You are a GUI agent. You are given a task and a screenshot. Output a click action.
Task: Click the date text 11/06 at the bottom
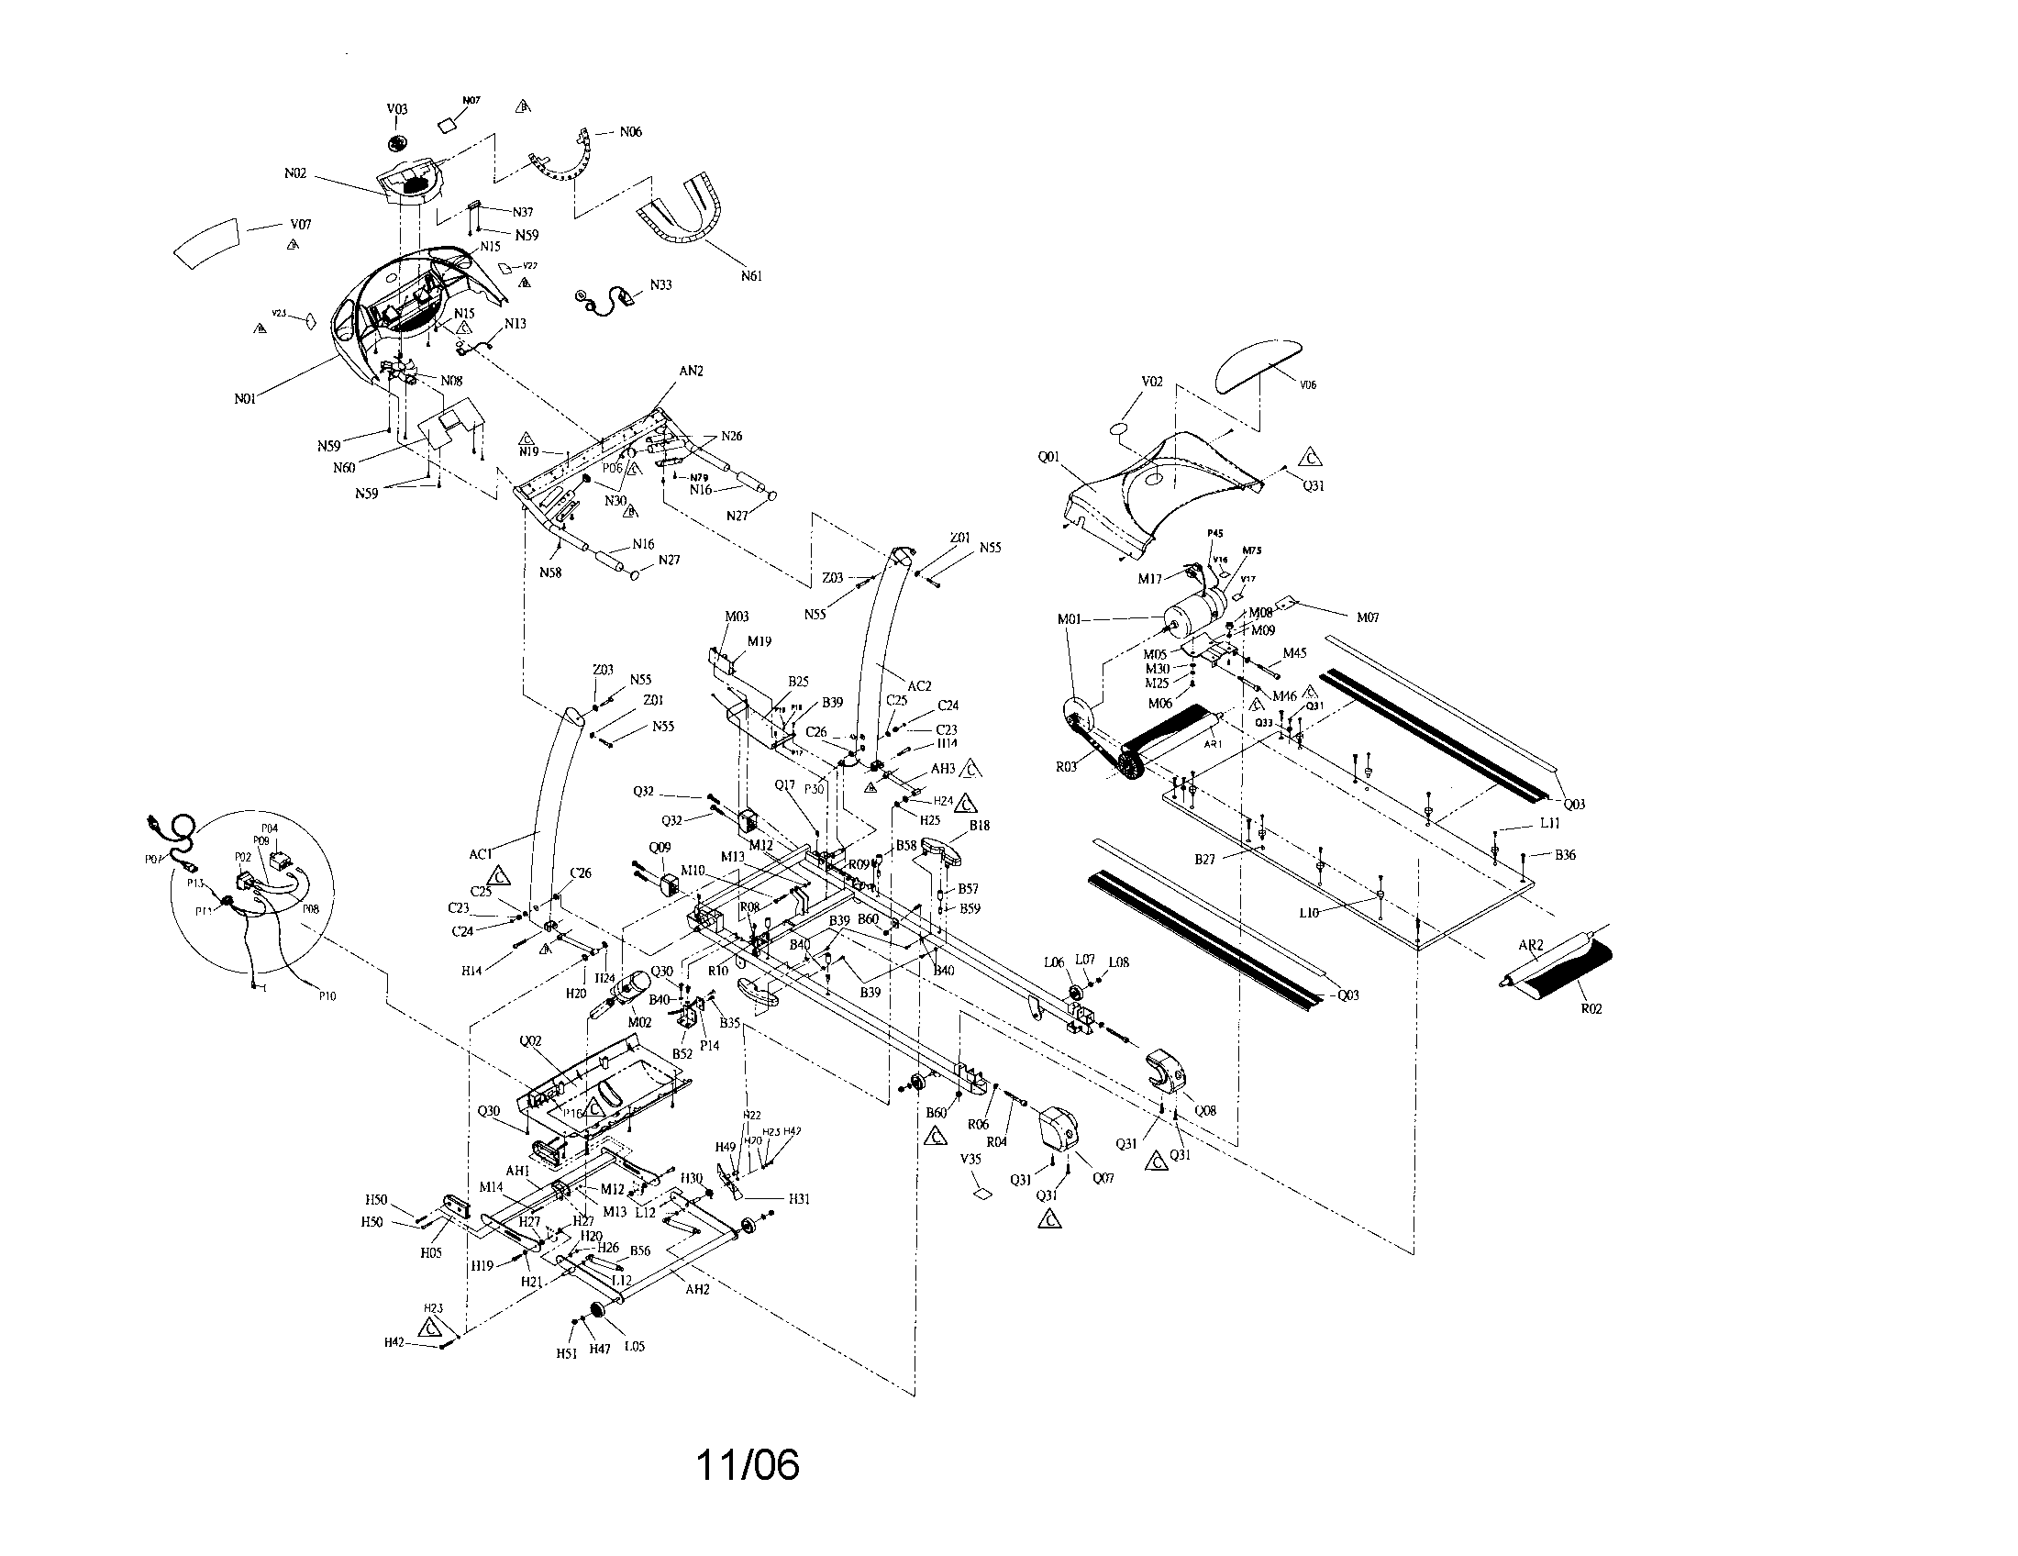[748, 1464]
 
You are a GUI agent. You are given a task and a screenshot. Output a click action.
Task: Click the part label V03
[396, 109]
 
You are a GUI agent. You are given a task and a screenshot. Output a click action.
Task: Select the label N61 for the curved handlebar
[751, 275]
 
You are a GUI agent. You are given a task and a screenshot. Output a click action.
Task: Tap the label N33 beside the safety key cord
[660, 284]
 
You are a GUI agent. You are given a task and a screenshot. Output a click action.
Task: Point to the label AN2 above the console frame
[691, 371]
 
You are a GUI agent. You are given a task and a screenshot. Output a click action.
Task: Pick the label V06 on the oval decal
[1307, 385]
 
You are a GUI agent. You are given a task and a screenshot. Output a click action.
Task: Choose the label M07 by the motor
[1368, 617]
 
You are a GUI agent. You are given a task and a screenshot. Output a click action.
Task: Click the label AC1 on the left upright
[481, 854]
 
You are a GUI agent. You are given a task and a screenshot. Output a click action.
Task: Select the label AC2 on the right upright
[919, 685]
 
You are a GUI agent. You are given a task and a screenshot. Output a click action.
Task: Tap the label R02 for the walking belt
[1591, 1009]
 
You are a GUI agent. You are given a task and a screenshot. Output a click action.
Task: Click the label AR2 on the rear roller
[1531, 944]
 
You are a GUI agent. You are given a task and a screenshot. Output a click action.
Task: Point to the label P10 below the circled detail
[327, 996]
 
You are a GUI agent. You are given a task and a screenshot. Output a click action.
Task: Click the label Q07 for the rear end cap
[1103, 1177]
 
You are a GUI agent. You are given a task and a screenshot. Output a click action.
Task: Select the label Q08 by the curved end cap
[1205, 1112]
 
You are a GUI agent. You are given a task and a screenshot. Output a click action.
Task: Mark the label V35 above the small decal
[970, 1158]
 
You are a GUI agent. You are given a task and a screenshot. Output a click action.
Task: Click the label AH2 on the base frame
[697, 1290]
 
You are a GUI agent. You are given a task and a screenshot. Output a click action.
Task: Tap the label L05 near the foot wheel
[634, 1346]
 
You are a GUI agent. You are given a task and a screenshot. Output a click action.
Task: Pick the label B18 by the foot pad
[980, 825]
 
